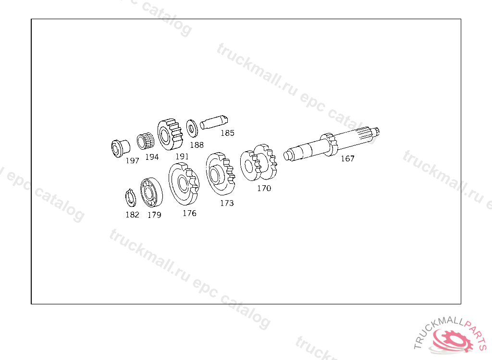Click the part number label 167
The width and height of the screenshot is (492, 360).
click(347, 159)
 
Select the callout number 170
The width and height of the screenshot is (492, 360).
click(264, 188)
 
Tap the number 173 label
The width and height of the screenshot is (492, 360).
click(227, 203)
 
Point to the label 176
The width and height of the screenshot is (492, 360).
click(189, 213)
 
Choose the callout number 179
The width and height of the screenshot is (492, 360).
click(154, 215)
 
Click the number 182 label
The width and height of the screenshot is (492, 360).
click(132, 215)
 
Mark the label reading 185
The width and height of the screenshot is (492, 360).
click(227, 133)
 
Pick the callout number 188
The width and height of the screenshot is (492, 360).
click(197, 145)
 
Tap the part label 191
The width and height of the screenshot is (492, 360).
click(182, 156)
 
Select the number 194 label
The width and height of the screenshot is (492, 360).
click(152, 157)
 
